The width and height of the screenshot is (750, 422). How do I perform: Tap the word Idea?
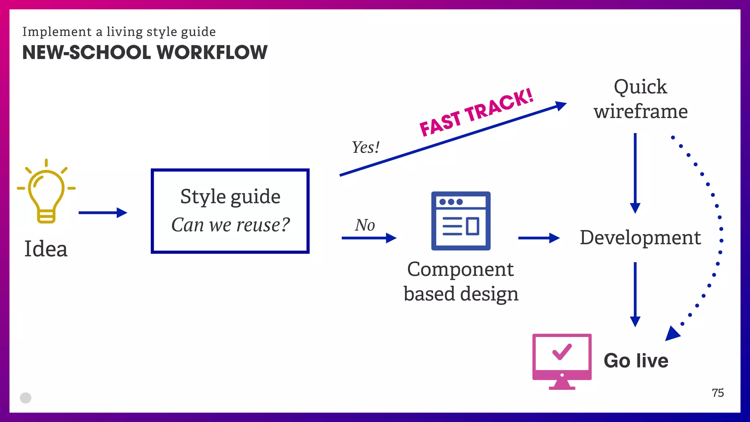(x=46, y=249)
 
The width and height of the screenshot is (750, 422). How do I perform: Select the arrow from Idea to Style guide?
(x=103, y=212)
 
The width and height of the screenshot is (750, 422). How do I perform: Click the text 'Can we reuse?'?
(x=230, y=225)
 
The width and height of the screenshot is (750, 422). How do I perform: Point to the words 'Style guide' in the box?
(x=230, y=197)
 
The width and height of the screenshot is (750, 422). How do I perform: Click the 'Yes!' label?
(x=365, y=148)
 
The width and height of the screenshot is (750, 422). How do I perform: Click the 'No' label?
(x=365, y=225)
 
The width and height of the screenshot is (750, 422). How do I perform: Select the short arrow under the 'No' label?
(x=368, y=238)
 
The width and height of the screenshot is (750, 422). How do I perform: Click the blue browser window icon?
(x=461, y=221)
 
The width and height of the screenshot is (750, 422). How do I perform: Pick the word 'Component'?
(x=460, y=270)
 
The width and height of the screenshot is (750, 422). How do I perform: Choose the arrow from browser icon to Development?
(x=539, y=238)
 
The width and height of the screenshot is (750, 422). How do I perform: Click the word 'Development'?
(x=640, y=237)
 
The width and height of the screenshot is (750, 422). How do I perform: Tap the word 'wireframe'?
(x=641, y=111)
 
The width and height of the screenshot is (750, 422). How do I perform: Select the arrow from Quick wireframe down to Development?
(x=635, y=172)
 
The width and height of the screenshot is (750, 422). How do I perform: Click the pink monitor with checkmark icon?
(x=562, y=360)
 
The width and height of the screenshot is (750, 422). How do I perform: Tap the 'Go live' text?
(x=636, y=360)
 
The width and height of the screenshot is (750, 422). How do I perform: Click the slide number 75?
(x=718, y=393)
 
